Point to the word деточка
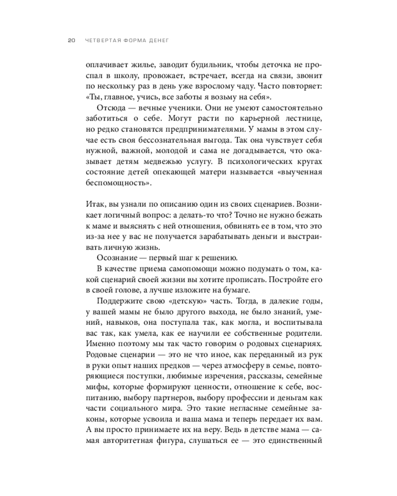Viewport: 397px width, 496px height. click(x=265, y=64)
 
